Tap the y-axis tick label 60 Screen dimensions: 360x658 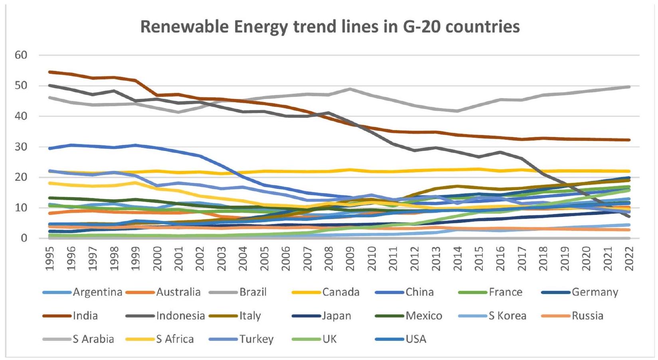pos(21,55)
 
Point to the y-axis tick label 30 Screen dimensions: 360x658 pos(21,147)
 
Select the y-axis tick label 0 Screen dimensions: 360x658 pos(24,239)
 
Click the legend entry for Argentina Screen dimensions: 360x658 pos(97,292)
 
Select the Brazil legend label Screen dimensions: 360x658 pos(253,292)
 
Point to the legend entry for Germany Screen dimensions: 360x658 pos(595,292)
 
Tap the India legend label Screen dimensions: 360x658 pos(85,316)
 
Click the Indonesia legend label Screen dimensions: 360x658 pos(180,316)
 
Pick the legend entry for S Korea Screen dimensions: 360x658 pos(507,316)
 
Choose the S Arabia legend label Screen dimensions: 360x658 pos(93,339)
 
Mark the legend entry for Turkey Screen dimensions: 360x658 pos(256,339)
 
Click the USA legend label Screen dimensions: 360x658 pos(416,339)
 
